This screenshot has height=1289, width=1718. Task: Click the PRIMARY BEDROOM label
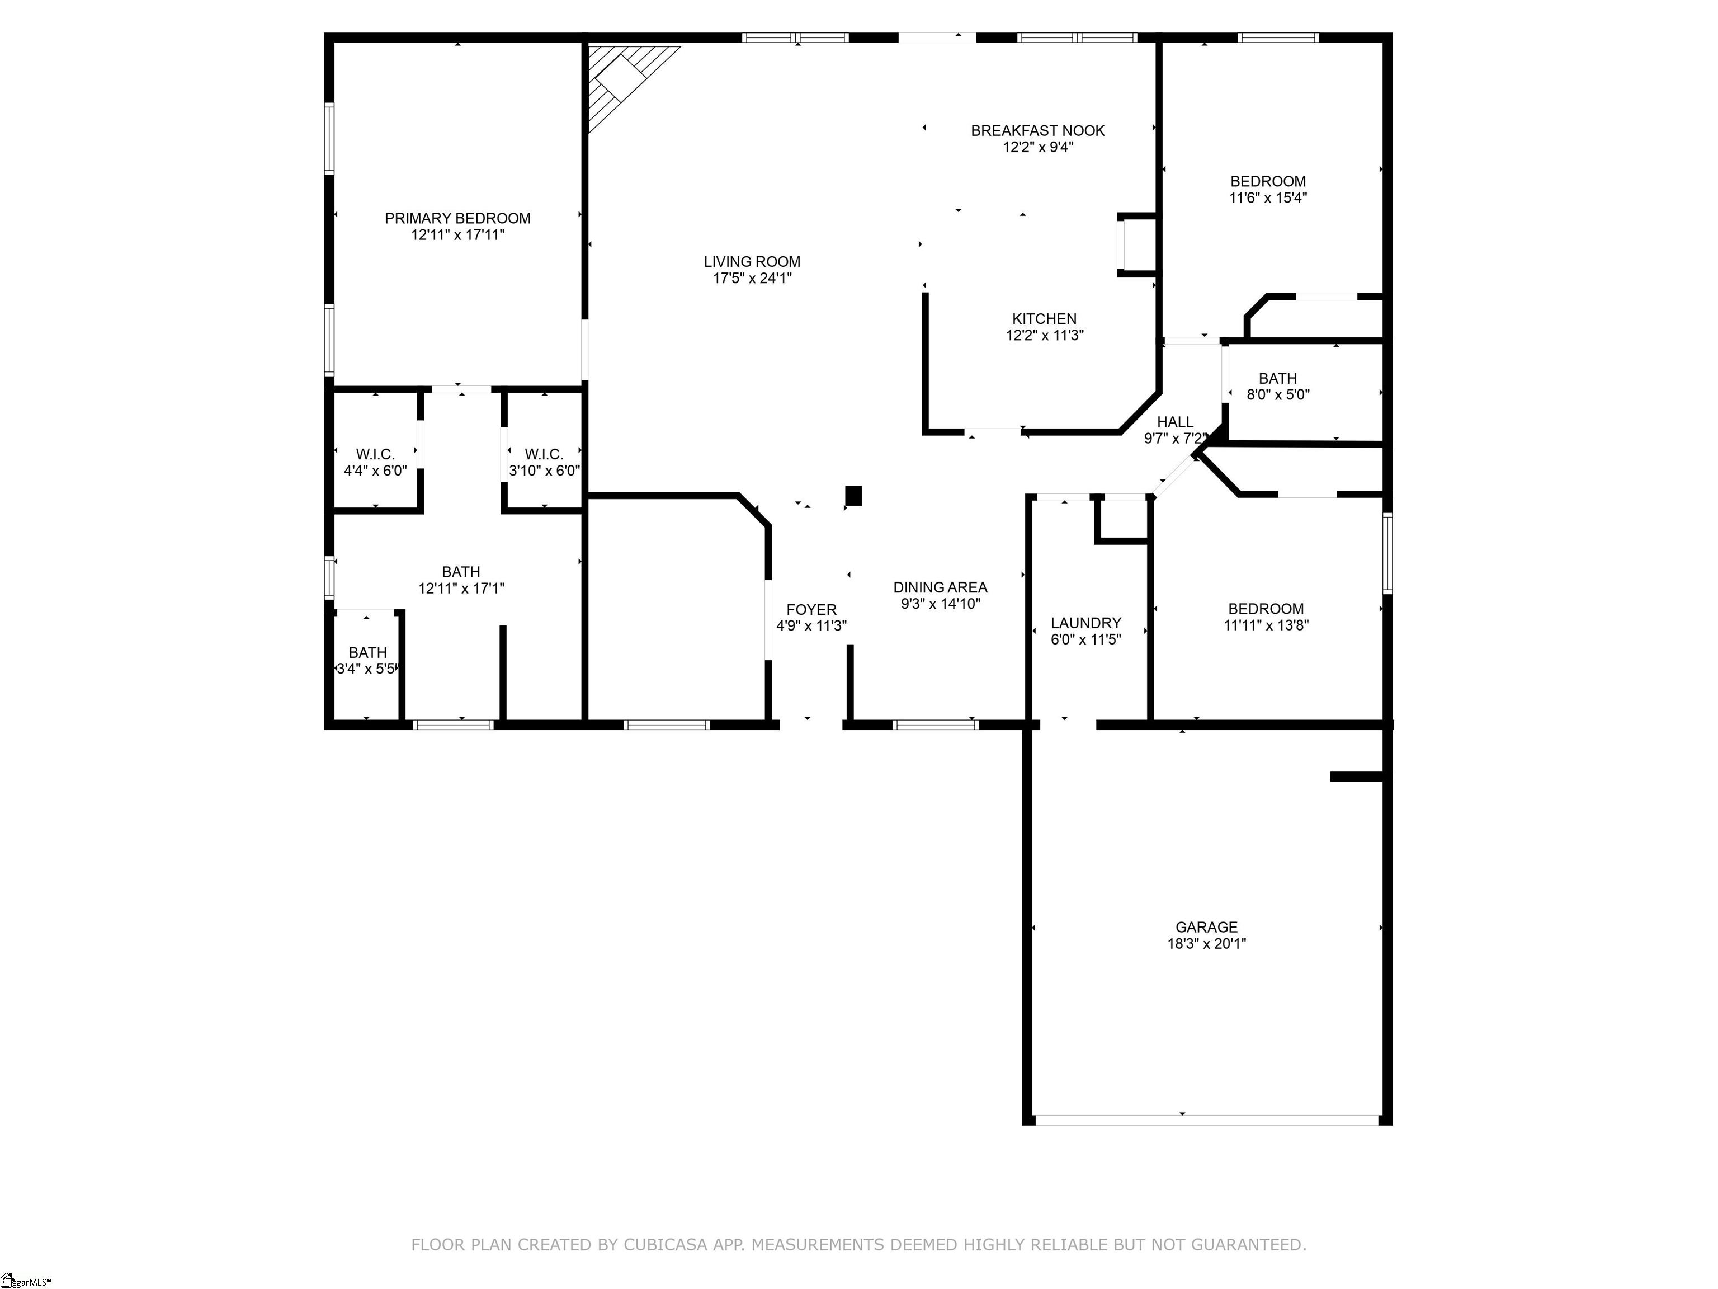(457, 218)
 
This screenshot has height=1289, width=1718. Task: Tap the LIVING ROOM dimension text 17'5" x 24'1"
(752, 278)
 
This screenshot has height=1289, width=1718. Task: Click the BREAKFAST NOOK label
(1037, 130)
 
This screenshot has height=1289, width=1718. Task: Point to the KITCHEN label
(1044, 318)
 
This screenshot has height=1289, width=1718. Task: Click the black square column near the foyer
(853, 496)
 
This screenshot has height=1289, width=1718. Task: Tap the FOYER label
(811, 610)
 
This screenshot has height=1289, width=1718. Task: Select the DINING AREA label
(940, 587)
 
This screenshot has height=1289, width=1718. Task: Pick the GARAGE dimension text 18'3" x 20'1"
(1206, 943)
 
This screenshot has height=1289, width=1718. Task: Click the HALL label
(1174, 422)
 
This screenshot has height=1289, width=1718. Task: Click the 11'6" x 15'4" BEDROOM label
(1268, 181)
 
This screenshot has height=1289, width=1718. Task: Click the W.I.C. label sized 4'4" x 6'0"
(375, 454)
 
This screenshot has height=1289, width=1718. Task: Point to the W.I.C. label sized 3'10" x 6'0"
(544, 454)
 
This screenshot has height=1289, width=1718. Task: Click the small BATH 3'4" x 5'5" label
(367, 653)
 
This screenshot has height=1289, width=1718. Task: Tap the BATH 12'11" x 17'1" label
(461, 572)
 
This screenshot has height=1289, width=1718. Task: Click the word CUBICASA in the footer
(665, 1244)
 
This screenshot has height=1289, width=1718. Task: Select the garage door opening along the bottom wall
(1206, 1119)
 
